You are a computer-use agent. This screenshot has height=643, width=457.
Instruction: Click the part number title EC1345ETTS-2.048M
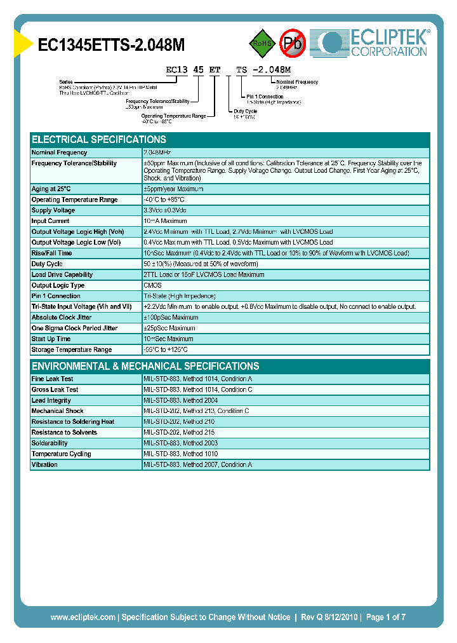(112, 44)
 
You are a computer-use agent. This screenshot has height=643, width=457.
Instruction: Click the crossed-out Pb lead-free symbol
(293, 43)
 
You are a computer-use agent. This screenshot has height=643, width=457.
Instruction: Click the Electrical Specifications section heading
(99, 139)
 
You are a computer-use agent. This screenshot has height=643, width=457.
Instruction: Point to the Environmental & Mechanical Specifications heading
(145, 366)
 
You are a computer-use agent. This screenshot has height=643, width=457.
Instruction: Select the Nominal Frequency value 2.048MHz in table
(157, 152)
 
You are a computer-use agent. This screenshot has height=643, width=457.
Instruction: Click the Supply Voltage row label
(53, 210)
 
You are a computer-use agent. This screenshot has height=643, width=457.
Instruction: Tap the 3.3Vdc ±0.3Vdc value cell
(165, 210)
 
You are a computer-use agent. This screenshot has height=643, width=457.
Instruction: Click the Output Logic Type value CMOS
(153, 285)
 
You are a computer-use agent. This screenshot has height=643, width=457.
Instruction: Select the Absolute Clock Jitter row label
(61, 317)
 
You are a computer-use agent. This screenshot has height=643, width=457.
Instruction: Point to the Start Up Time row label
(51, 339)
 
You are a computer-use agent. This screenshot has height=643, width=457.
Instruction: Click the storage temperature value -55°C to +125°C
(166, 349)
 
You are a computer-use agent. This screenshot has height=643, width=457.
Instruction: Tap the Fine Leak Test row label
(53, 379)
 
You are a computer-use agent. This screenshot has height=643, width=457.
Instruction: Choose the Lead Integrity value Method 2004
(181, 400)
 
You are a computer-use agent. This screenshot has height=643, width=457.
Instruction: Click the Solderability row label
(50, 443)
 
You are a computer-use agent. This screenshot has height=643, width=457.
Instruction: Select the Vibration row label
(44, 464)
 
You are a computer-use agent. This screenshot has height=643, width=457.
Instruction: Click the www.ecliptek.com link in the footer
(83, 617)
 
